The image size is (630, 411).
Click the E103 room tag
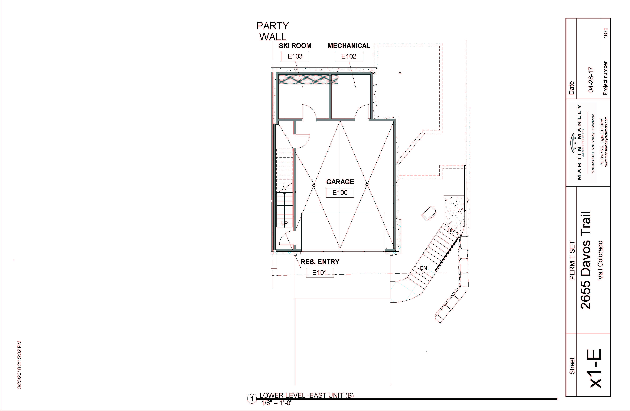(295, 56)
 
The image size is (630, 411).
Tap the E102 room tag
(349, 56)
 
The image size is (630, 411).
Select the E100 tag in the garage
(340, 193)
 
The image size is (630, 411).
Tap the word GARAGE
(340, 182)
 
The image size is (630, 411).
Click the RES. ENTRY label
(320, 262)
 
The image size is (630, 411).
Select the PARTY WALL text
(273, 31)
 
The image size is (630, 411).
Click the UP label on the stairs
(284, 223)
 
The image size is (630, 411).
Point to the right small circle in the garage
(367, 184)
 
